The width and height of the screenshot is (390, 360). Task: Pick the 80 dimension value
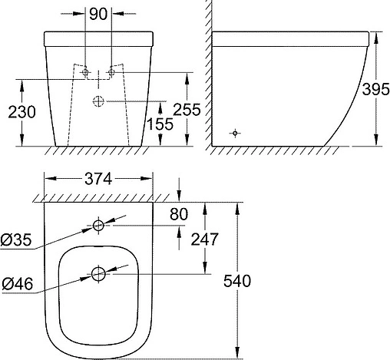(x=179, y=214)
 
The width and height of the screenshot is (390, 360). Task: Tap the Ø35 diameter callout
(x=16, y=240)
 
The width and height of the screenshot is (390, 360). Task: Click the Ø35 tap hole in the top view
(x=98, y=226)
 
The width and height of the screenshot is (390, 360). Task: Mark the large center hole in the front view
(x=98, y=101)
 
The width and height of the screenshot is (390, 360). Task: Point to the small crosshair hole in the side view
(x=236, y=134)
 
